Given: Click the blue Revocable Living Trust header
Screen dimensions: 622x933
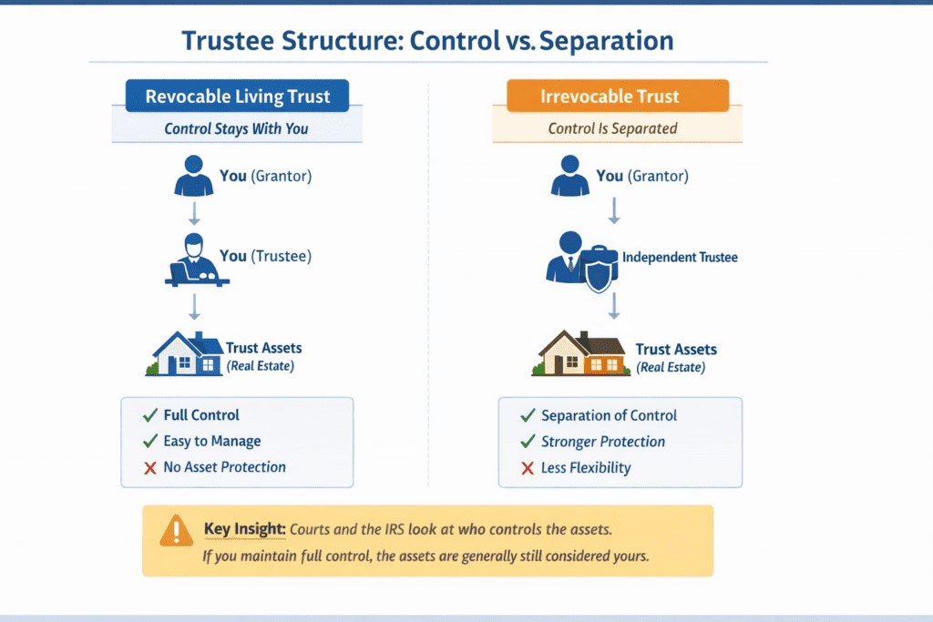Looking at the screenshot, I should (x=237, y=97).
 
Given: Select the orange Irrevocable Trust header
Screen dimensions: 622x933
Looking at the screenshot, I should (x=617, y=97).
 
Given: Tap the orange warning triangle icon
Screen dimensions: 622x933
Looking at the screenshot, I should (x=176, y=530).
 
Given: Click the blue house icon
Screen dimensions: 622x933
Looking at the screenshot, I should (x=188, y=353).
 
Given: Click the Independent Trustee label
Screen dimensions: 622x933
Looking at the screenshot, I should (x=680, y=258).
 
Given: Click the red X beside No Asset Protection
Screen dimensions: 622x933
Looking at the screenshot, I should (x=150, y=467).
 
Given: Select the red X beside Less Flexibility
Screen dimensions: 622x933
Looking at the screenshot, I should (x=527, y=468).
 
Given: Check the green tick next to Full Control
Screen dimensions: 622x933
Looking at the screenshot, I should (x=150, y=415).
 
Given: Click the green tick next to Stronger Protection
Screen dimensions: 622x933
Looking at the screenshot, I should (x=527, y=442).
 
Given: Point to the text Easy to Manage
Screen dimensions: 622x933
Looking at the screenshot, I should (x=212, y=442).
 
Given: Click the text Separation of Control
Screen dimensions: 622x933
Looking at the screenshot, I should (x=609, y=415).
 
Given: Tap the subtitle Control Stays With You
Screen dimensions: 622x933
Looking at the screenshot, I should (x=236, y=128).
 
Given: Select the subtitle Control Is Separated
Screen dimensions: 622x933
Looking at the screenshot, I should (x=612, y=128).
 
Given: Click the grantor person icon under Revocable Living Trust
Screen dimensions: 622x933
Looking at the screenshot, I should (x=193, y=177).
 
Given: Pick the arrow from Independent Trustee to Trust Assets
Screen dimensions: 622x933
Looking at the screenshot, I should (x=614, y=306).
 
